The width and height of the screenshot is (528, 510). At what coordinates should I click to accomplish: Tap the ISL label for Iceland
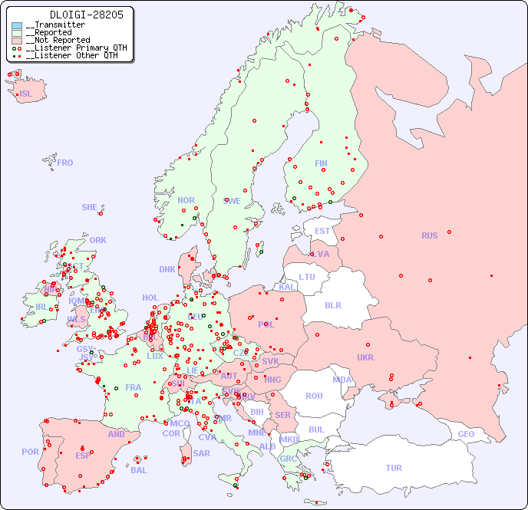pos(26,94)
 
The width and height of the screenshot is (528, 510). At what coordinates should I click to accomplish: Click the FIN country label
pos(321,163)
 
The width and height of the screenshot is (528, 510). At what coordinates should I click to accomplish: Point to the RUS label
pos(429,235)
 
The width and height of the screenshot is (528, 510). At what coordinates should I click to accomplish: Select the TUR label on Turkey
pos(394,468)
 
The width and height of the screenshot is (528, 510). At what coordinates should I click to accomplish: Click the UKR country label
pos(365,357)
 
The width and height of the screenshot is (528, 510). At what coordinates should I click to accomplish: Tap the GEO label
pos(466,434)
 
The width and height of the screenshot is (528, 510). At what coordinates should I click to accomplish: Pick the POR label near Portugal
pos(30,452)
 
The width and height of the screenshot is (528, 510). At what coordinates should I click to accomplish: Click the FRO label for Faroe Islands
pos(65,163)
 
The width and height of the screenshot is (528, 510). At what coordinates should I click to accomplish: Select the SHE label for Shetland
pos(90,207)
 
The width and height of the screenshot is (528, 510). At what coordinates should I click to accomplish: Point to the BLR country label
pos(332,304)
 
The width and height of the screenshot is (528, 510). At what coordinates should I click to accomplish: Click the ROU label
pos(314,396)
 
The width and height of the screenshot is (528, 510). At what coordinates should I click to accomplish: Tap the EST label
pos(322,231)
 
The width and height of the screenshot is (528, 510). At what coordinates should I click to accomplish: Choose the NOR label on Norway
pos(186,200)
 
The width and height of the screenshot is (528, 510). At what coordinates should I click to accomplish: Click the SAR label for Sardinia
pos(202,453)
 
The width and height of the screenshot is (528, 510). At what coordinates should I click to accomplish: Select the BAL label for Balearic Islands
pos(138,470)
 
